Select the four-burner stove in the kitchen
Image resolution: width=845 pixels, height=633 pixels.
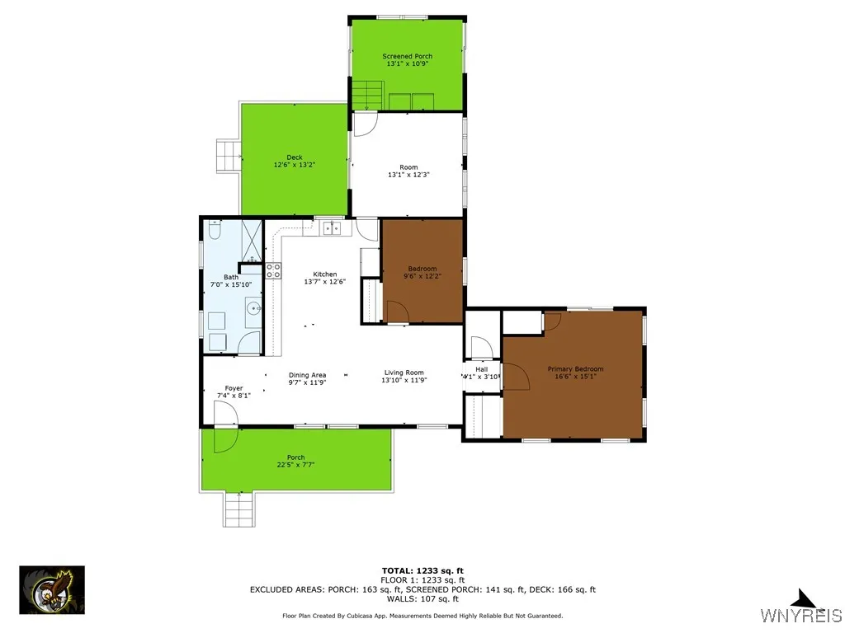coord(273,272)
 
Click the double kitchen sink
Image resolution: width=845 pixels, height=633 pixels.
coord(332,228)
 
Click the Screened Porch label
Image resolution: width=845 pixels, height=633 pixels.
coord(407,56)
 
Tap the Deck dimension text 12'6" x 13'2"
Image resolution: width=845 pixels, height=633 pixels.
coord(295,165)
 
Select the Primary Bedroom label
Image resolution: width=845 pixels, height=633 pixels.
coord(575,369)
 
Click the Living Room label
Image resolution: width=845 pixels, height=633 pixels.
coord(404,373)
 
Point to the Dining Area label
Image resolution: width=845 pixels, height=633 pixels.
coord(307,375)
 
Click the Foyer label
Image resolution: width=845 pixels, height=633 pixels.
coord(234,387)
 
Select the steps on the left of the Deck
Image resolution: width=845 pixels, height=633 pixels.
coord(227,155)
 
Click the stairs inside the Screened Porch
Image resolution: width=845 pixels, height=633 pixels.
coord(368,94)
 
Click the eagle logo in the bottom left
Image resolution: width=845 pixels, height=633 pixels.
coord(52,589)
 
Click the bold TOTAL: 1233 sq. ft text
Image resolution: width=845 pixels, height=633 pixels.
coord(422,570)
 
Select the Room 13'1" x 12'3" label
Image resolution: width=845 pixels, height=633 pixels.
coord(408,171)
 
